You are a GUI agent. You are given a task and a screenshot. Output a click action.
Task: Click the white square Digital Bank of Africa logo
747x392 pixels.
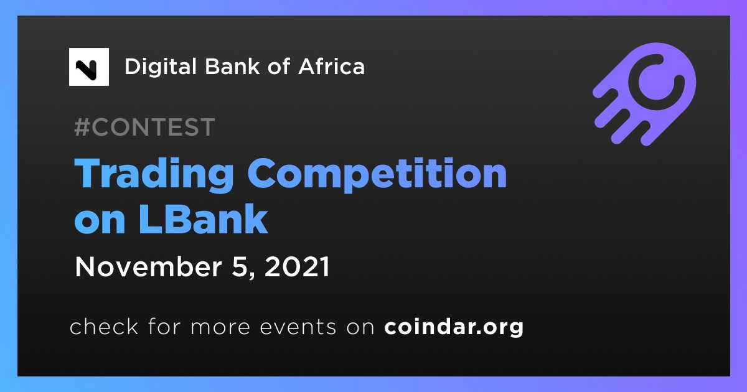(x=88, y=67)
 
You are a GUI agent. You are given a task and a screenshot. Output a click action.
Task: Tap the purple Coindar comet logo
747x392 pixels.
(x=645, y=94)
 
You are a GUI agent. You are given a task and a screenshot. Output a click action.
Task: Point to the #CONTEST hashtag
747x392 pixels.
(x=144, y=127)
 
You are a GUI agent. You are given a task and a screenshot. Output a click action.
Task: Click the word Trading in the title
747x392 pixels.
(x=154, y=174)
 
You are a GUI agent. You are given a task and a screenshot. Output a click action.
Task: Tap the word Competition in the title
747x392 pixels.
(x=377, y=174)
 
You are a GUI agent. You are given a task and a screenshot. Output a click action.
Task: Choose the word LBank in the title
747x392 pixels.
(x=203, y=218)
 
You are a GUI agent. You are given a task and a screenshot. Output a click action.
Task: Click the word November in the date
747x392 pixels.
(x=148, y=267)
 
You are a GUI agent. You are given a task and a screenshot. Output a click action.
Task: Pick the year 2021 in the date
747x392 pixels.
(x=297, y=267)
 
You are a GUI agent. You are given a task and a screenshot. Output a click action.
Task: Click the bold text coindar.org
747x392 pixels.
(x=454, y=327)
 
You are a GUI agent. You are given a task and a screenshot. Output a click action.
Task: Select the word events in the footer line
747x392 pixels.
(x=298, y=327)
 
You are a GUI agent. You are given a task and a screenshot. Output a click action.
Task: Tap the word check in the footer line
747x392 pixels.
(x=104, y=326)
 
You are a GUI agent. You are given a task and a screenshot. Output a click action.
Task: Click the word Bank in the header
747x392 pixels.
(x=232, y=66)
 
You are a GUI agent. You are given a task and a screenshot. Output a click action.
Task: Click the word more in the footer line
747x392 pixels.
(x=220, y=328)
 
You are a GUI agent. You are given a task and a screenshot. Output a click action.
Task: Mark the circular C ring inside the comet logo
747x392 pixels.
(x=657, y=82)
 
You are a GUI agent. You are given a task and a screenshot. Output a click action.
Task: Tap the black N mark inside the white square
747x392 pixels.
(x=87, y=70)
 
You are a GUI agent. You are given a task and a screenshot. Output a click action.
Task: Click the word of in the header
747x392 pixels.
(x=278, y=66)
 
